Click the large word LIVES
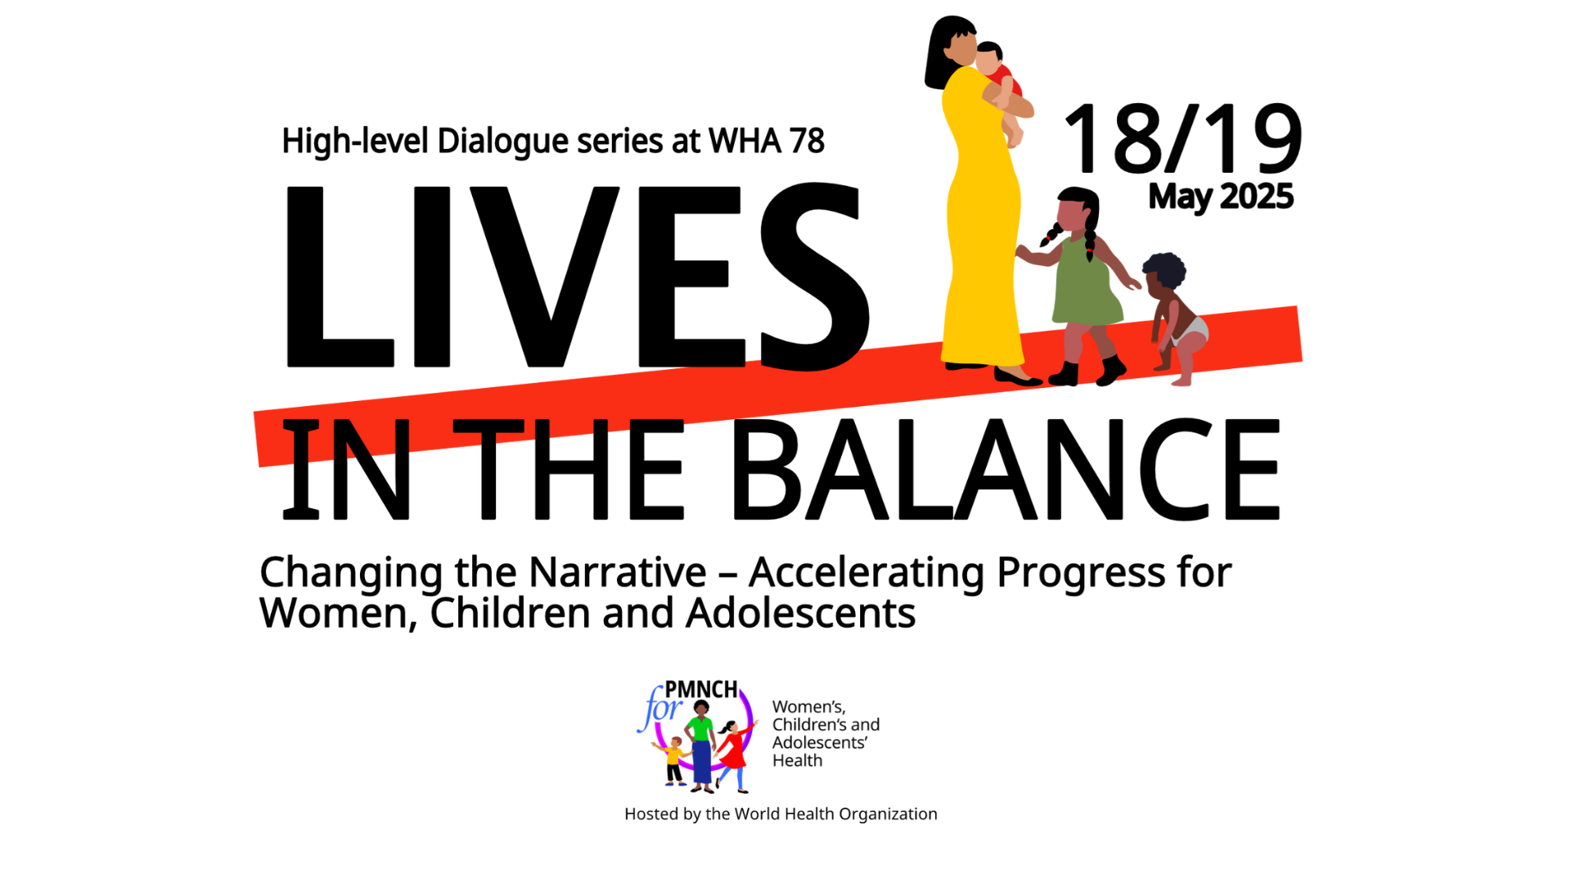(578, 277)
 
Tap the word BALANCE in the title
(1006, 469)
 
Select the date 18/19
(1182, 139)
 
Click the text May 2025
(1221, 197)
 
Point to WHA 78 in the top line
(767, 141)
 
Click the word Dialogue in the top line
(503, 142)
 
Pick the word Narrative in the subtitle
(618, 572)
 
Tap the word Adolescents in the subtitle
(800, 614)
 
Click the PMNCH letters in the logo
(701, 689)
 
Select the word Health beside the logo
(797, 760)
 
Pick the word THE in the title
(568, 470)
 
